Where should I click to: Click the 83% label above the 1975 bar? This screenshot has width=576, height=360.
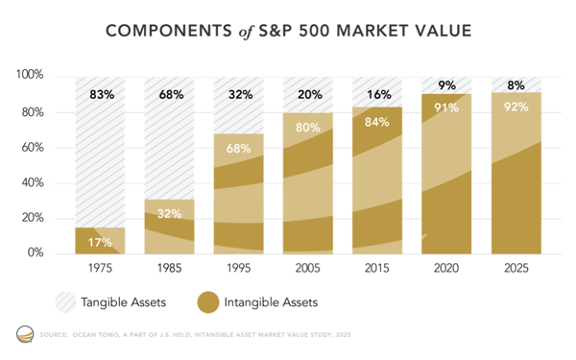coord(102,95)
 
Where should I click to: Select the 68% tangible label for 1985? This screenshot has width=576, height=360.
coord(171,95)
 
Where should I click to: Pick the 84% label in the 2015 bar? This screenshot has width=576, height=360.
coord(377,121)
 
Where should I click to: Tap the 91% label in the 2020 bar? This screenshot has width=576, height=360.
coord(446,108)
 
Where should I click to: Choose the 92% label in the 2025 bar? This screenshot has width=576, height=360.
coord(515,108)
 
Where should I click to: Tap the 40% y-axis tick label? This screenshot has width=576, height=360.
coord(35,182)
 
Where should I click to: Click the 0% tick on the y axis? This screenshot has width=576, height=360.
coord(37,253)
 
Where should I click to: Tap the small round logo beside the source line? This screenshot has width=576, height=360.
coord(23,335)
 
